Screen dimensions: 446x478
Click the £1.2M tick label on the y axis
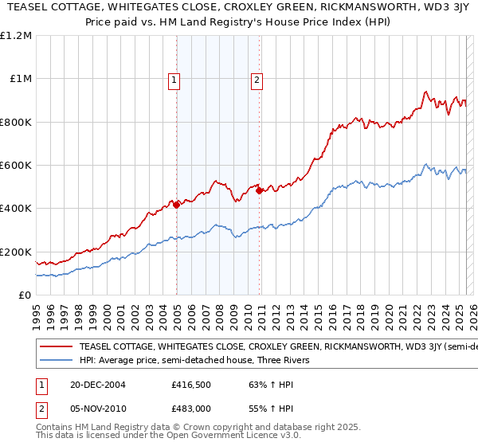[x=17, y=36]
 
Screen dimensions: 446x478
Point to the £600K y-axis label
[x=16, y=166]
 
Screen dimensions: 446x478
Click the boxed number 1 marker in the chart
[x=174, y=79]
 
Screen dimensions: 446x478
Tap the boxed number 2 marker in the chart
[x=257, y=79]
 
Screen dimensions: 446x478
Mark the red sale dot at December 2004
[x=177, y=205]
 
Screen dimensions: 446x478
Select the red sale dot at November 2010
[x=260, y=190]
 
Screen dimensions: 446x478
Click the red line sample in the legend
[x=57, y=347]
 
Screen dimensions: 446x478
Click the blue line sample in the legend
[x=57, y=361]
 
